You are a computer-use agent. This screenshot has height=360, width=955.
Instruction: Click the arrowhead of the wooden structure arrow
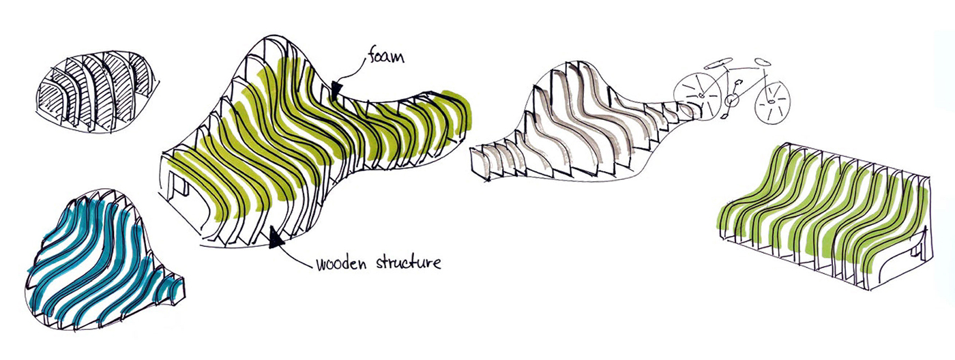[x=276, y=237]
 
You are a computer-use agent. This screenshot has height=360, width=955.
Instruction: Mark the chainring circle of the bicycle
[x=732, y=101]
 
